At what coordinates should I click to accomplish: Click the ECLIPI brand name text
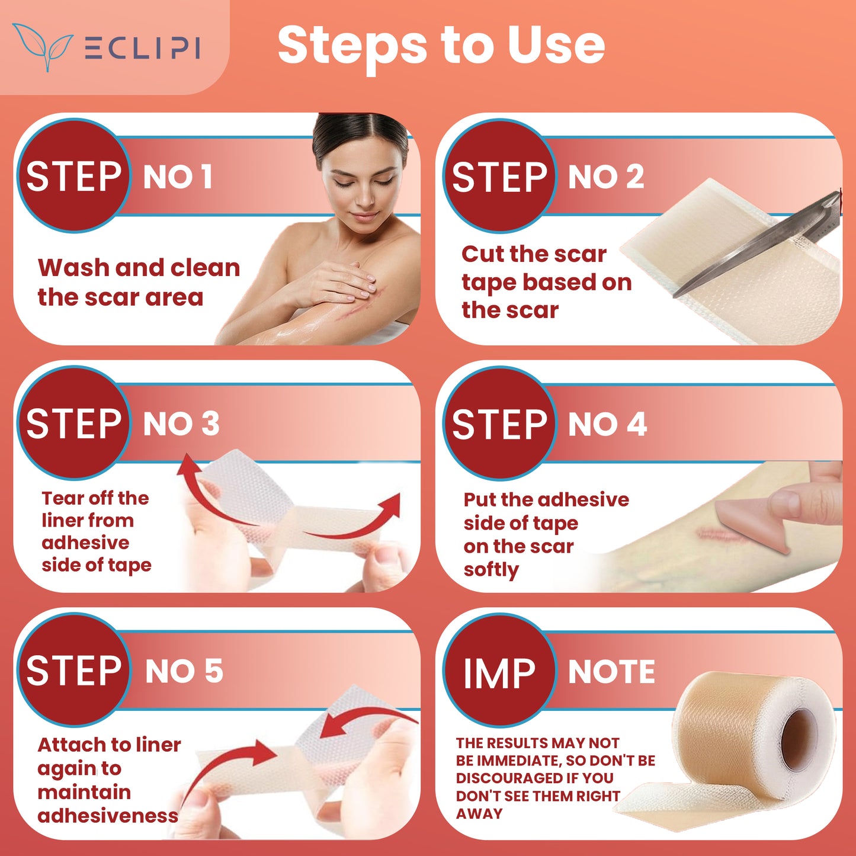[142, 48]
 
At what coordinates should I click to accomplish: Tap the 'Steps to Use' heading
[441, 46]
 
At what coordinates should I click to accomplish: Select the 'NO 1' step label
[178, 177]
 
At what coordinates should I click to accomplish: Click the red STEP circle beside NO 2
[499, 176]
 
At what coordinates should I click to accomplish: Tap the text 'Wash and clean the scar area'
[139, 283]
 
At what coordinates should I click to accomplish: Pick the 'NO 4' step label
[607, 424]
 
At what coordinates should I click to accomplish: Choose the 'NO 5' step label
[184, 671]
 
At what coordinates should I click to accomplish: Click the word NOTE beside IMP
[611, 672]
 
